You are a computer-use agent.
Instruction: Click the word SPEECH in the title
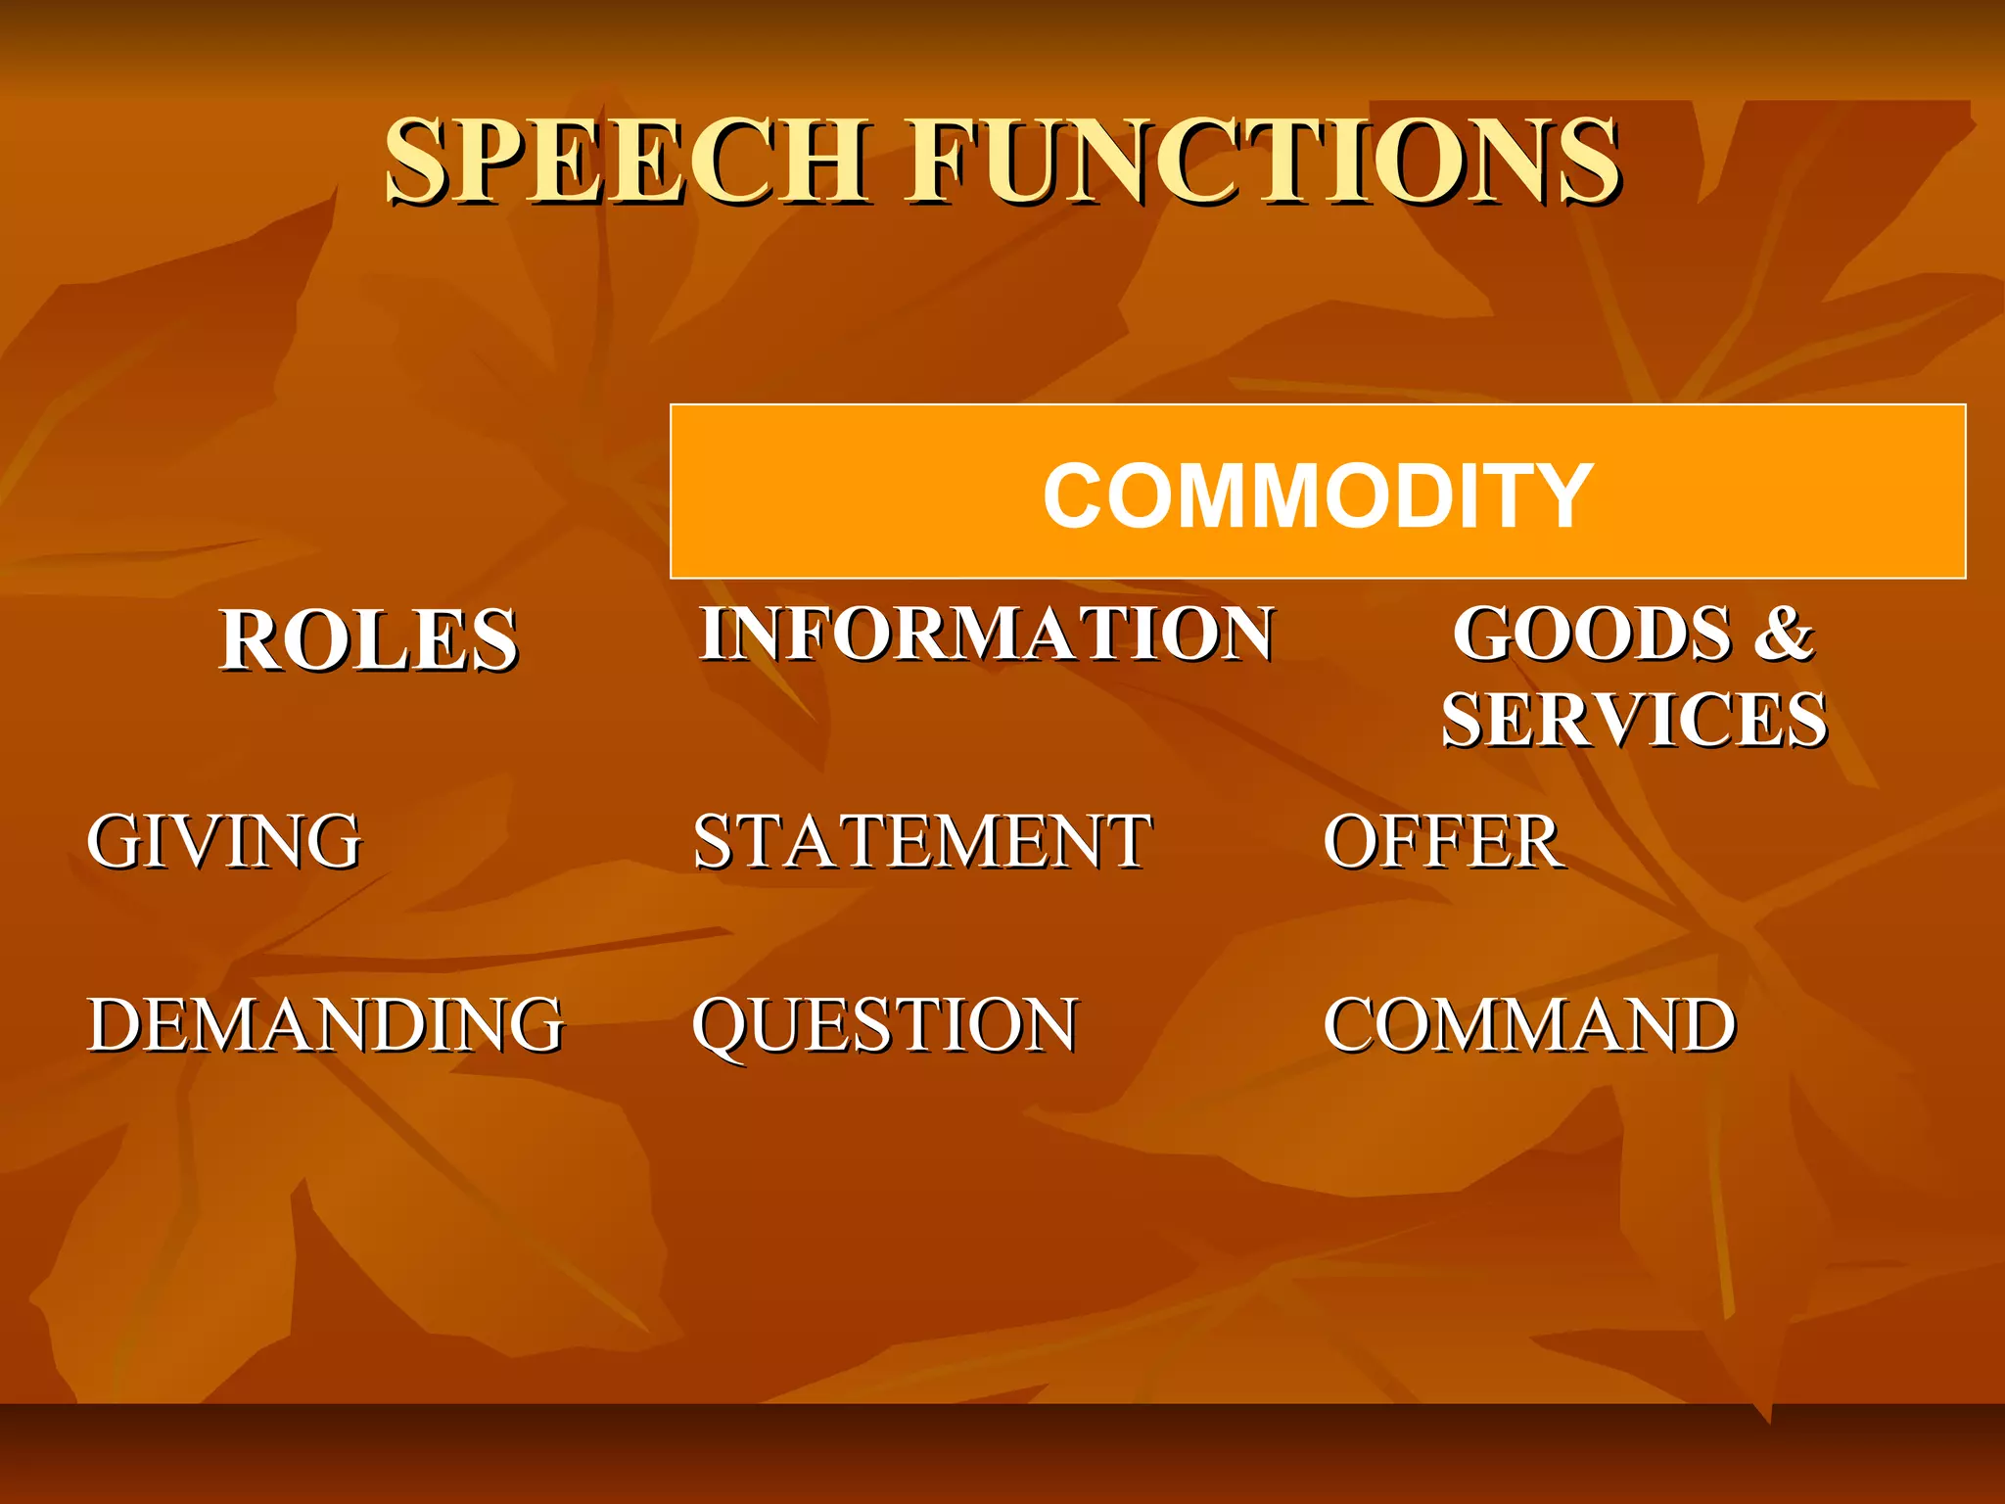(627, 162)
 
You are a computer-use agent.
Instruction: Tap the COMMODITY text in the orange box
(1317, 495)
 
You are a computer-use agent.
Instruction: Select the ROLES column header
(368, 640)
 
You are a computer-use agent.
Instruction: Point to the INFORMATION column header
(986, 634)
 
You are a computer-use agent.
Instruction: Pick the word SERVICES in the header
(1633, 721)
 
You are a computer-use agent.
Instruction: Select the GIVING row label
(224, 841)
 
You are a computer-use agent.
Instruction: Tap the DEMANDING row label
(325, 1025)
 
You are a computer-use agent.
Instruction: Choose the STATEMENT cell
(922, 841)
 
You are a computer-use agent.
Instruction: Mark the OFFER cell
(1441, 841)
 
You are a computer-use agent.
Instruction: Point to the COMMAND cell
(1529, 1025)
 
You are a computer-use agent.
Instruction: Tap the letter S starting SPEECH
(419, 162)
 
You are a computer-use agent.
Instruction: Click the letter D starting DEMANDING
(117, 1025)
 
